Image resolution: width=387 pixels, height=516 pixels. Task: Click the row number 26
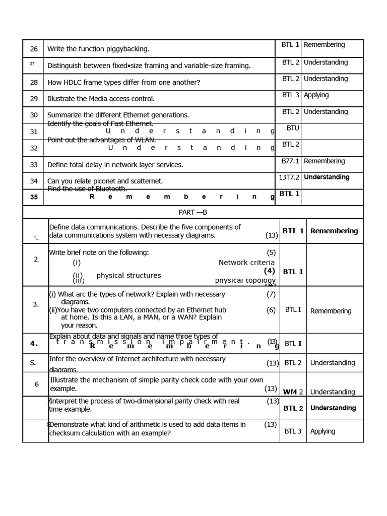click(x=34, y=49)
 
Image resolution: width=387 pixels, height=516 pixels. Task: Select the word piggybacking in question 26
click(x=128, y=49)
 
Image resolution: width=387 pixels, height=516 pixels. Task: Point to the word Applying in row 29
click(x=316, y=95)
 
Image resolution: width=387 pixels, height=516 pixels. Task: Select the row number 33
click(x=34, y=164)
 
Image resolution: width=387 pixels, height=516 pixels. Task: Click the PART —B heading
click(x=193, y=212)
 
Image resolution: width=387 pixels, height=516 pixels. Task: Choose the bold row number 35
click(x=34, y=197)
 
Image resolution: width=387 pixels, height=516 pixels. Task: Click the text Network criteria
click(x=246, y=263)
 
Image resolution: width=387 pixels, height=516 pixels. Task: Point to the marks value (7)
click(x=271, y=294)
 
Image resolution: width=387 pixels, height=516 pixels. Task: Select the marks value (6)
click(x=271, y=310)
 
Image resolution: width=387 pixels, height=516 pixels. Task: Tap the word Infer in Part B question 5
click(x=57, y=359)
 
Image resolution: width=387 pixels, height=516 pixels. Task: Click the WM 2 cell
click(x=293, y=392)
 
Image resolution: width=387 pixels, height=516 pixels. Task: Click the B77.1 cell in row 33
click(x=291, y=161)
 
